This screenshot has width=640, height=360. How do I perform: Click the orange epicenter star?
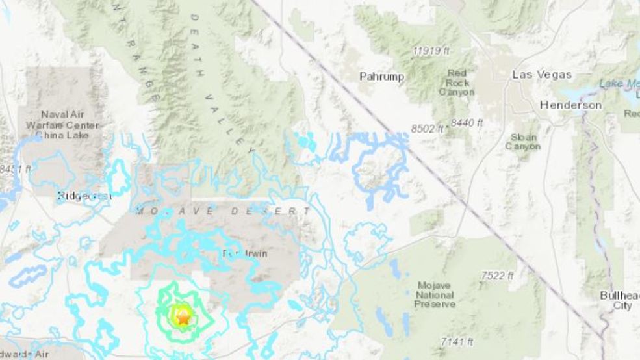(183, 318)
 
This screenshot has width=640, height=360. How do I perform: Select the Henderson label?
(570, 105)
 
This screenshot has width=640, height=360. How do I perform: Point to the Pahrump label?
(381, 77)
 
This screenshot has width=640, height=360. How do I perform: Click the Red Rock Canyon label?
(457, 83)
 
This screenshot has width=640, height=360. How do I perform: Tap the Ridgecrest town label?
(84, 196)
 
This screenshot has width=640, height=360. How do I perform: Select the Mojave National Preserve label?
(435, 295)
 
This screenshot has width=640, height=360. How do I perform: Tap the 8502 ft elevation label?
(428, 129)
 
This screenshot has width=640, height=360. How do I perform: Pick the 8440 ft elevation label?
(467, 122)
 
